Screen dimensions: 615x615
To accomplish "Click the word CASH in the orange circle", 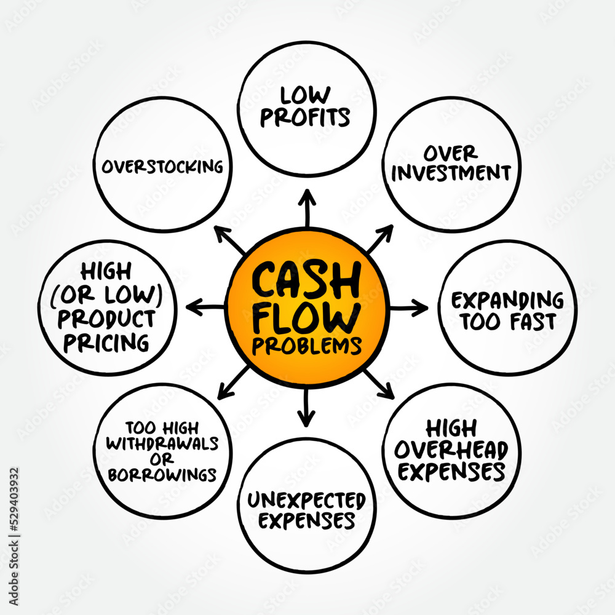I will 306,280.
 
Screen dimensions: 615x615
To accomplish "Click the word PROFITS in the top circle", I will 305,117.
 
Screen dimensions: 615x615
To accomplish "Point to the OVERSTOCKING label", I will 164,166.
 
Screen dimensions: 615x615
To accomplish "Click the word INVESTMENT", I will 451,173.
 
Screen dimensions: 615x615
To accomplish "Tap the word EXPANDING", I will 507,301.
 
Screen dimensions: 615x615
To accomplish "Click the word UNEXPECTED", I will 306,500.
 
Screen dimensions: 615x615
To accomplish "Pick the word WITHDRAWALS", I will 164,443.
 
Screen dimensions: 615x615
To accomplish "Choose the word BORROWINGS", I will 164,474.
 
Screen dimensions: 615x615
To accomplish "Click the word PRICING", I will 106,341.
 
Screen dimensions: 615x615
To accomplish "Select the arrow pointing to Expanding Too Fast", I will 409,307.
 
